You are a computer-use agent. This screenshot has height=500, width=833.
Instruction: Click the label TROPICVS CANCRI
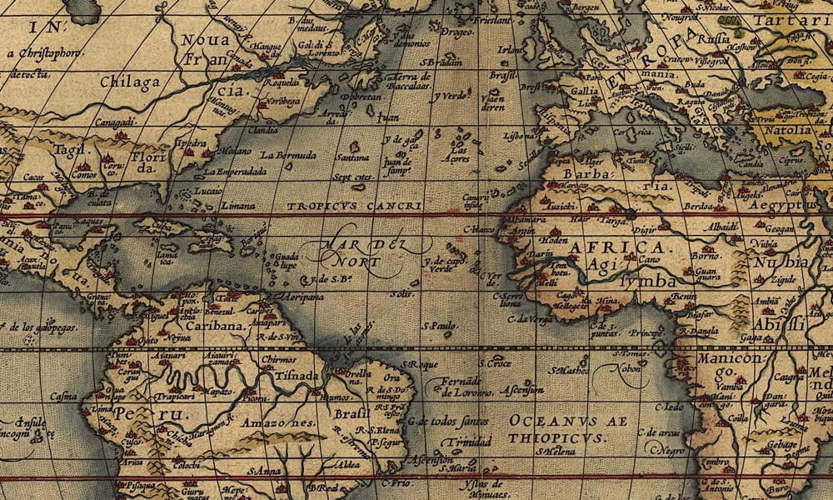pos(354,205)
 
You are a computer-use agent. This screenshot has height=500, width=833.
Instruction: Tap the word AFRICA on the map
pos(616,247)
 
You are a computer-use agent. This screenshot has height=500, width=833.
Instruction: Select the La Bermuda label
pos(288,155)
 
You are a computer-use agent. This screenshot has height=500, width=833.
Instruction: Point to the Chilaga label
pos(129,82)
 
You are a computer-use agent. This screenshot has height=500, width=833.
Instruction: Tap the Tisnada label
pos(292,375)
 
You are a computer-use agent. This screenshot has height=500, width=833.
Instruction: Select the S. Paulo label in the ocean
pos(441,325)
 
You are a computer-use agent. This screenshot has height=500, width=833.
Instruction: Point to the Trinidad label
pos(462,442)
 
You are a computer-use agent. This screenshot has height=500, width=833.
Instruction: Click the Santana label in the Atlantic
pos(352,157)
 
